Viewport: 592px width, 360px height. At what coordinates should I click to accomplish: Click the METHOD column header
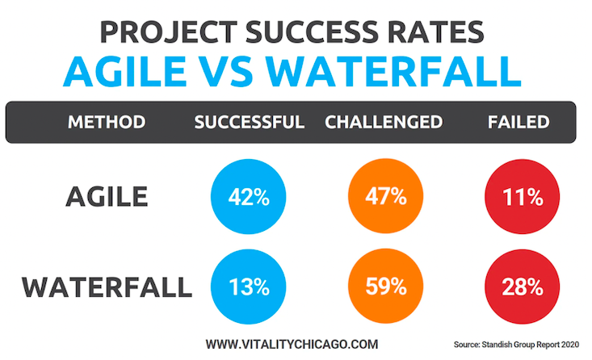pos(107,123)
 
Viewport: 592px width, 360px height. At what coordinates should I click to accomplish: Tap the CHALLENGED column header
pos(383,123)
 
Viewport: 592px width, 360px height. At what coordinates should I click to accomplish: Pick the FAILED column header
pos(519,123)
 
